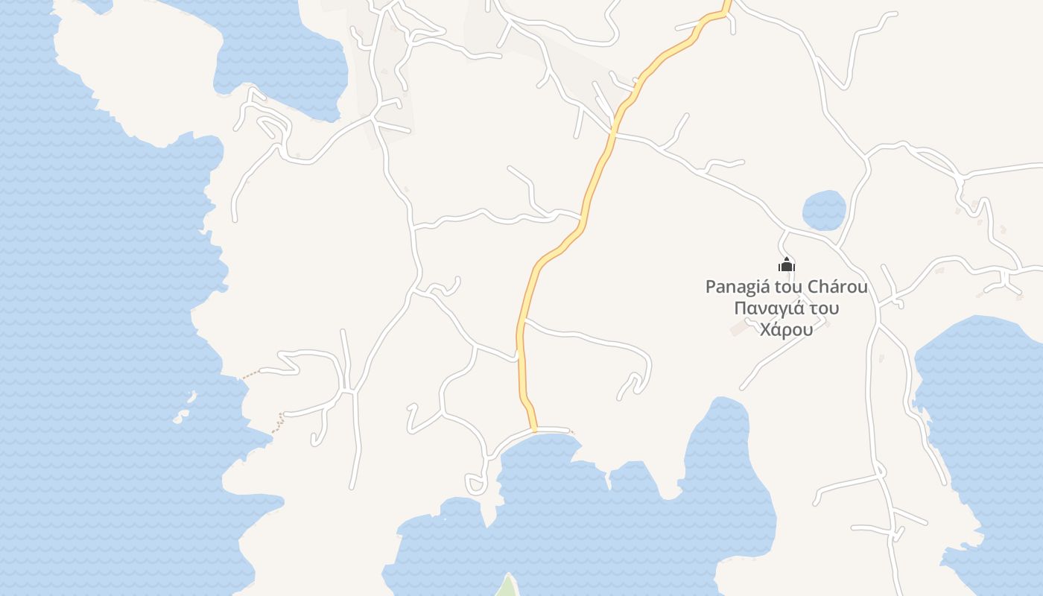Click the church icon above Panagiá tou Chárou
click(787, 265)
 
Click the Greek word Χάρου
click(786, 329)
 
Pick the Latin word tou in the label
click(787, 287)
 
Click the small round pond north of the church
click(824, 210)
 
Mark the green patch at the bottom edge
click(507, 586)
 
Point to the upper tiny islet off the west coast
click(192, 396)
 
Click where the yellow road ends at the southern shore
click(535, 430)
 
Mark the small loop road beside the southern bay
click(475, 485)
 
